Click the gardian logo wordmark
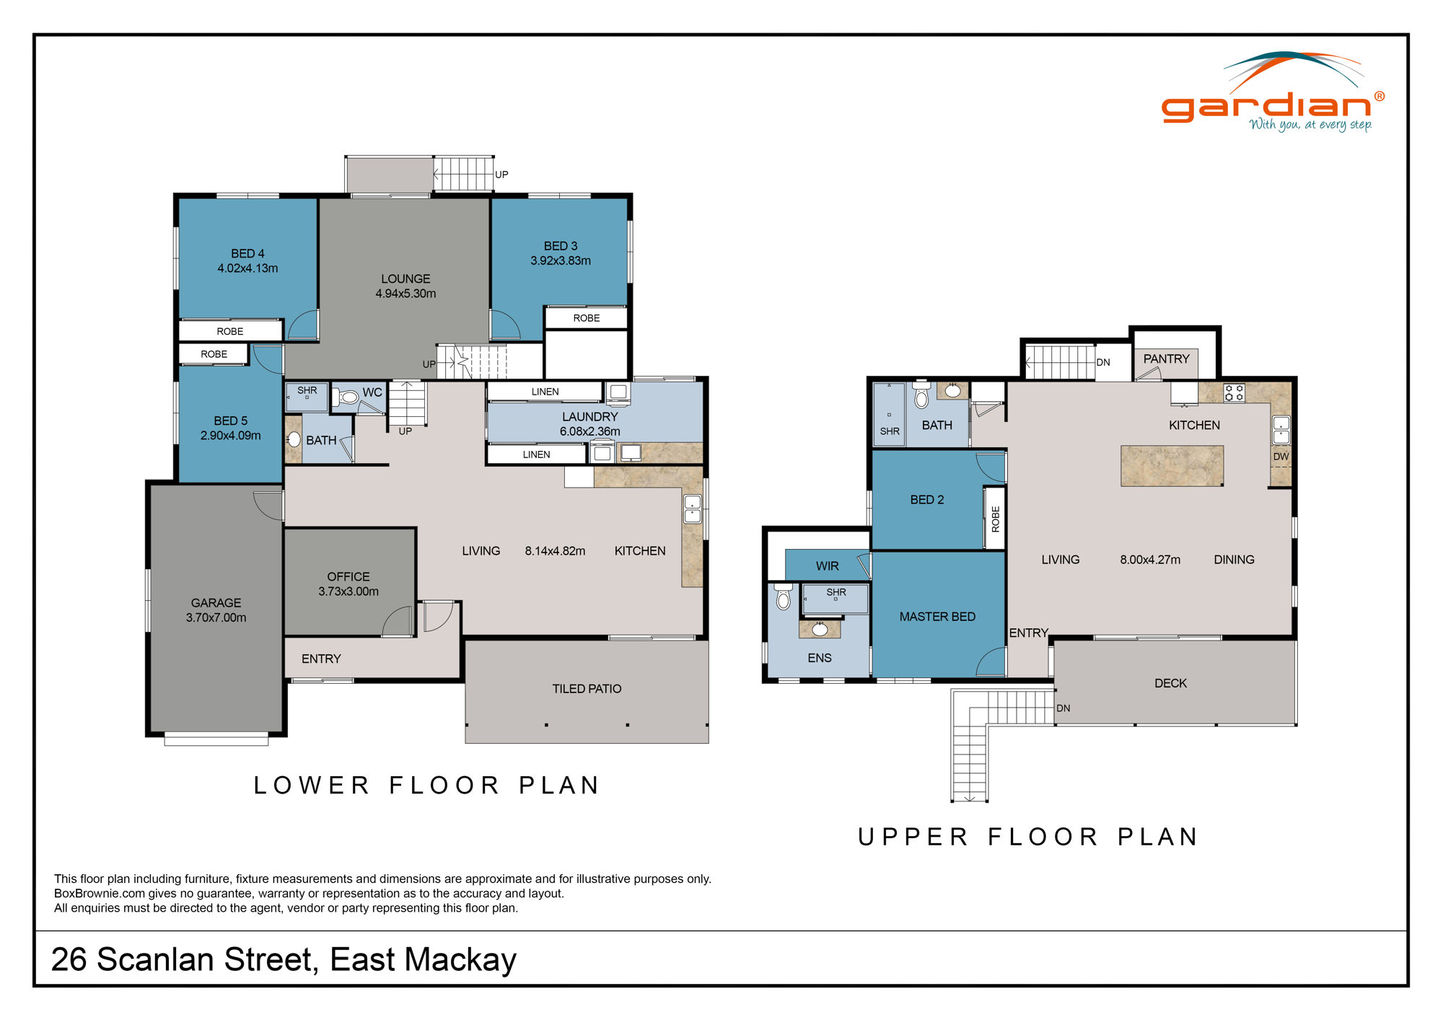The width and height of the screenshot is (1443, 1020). [x=1266, y=107]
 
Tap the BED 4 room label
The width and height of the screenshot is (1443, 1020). [x=247, y=253]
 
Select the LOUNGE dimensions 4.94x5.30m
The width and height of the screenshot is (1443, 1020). [x=405, y=294]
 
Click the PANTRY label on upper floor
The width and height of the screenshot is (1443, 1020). [x=1166, y=359]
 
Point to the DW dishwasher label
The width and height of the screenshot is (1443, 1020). [x=1281, y=457]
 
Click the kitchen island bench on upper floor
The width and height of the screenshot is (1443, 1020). [x=1172, y=465]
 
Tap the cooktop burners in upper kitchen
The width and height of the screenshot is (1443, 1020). [x=1234, y=393]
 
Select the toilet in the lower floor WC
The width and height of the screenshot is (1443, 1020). [x=348, y=397]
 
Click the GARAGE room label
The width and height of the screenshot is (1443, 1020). [x=216, y=602]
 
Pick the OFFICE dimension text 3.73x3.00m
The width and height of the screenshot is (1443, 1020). [x=348, y=592]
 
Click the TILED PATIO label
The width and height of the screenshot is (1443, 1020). [x=587, y=689]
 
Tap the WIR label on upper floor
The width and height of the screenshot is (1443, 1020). [x=827, y=566]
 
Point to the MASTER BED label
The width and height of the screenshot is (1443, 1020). [x=937, y=617]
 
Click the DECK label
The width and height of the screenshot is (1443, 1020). [x=1170, y=683]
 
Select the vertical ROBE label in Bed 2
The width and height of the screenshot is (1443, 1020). [x=996, y=519]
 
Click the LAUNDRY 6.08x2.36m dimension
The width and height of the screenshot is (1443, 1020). [x=589, y=431]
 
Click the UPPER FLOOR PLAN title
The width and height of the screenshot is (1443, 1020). [x=1028, y=837]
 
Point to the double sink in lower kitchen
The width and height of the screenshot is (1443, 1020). [x=692, y=509]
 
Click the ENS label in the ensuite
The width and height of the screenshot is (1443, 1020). [x=819, y=658]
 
